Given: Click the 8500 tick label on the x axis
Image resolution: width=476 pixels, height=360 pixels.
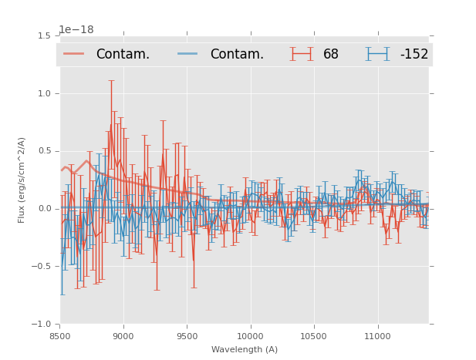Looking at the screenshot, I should click(x=60, y=335).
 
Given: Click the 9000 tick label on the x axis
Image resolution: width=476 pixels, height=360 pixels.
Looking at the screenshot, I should click(x=123, y=335).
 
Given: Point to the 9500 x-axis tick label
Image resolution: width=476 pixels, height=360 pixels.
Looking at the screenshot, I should click(x=187, y=335).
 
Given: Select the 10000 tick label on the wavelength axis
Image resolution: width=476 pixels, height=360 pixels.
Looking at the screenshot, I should click(x=250, y=335).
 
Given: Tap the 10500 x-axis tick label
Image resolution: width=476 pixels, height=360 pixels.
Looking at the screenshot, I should click(x=314, y=335).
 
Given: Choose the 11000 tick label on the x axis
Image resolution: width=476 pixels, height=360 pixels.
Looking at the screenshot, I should click(x=377, y=335).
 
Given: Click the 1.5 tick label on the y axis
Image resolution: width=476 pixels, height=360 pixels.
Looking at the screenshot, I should click(x=44, y=36).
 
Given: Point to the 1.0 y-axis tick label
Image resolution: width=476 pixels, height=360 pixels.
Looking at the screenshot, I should click(x=44, y=94).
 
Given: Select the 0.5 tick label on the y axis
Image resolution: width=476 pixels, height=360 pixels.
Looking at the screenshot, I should click(x=44, y=151).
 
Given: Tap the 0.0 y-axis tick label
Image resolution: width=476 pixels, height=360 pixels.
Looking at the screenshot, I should click(x=44, y=209).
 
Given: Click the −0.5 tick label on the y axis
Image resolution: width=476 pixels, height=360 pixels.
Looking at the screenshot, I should click(x=42, y=267).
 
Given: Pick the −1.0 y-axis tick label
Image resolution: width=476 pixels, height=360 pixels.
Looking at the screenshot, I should click(x=42, y=325).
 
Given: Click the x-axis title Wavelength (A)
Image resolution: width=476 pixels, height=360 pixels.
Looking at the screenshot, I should click(x=245, y=349).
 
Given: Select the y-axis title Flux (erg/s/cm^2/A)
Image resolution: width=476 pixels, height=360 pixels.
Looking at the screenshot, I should click(x=22, y=180).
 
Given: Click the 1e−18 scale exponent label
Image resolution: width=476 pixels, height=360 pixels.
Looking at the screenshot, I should click(x=76, y=30).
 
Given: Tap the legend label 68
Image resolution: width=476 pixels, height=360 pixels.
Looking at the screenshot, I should click(x=331, y=54).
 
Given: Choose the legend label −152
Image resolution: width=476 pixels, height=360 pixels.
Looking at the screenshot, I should click(x=414, y=54).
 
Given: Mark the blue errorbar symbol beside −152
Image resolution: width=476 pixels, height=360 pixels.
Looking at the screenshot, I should click(x=378, y=54).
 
